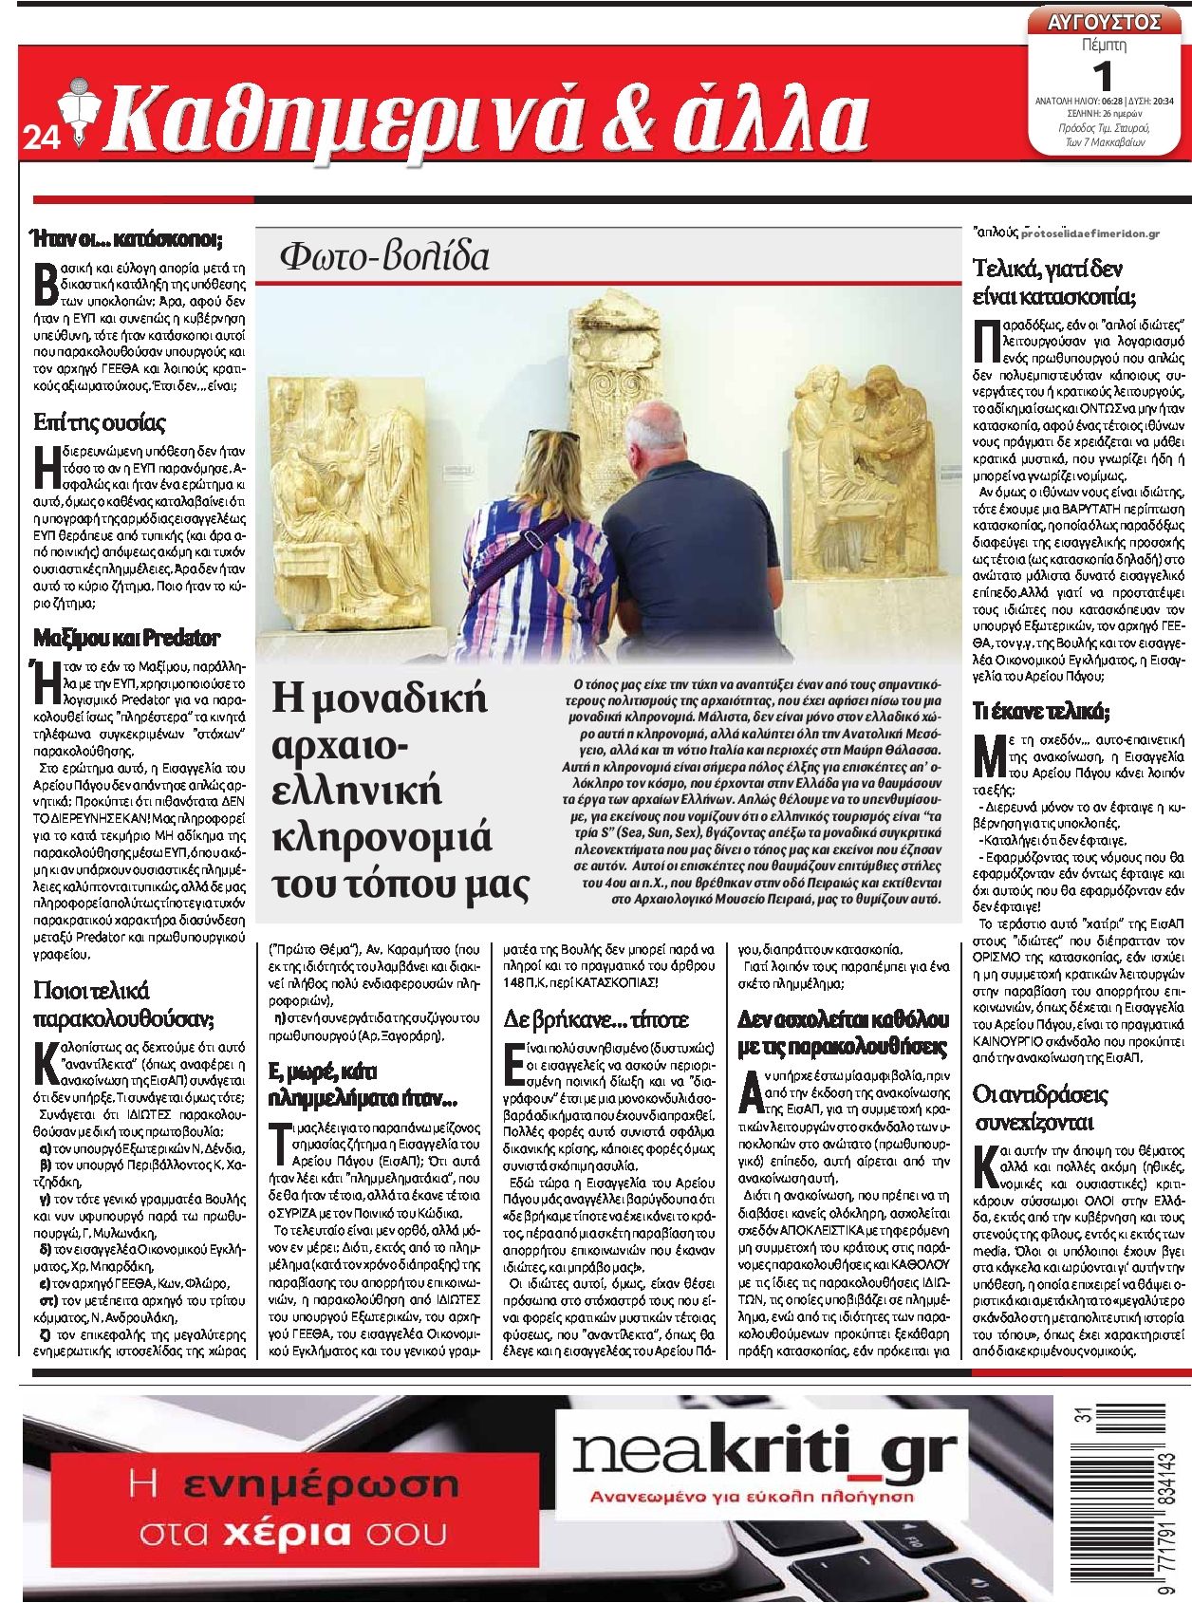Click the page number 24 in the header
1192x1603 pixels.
pyautogui.click(x=41, y=139)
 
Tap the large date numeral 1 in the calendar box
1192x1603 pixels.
pyautogui.click(x=1103, y=73)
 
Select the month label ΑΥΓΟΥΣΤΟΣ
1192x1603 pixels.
pyautogui.click(x=1104, y=21)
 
